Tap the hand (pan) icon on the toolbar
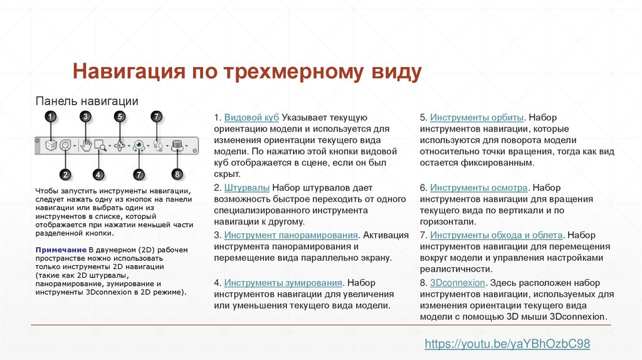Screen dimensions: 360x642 (x=86, y=146)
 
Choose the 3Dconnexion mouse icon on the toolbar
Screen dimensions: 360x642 (x=177, y=146)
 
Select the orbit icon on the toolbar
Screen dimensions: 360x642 (x=121, y=146)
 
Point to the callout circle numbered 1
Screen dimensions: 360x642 (x=50, y=117)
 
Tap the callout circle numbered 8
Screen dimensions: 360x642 (x=177, y=174)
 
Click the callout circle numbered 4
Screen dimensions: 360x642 (x=98, y=174)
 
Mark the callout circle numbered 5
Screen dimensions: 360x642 (x=120, y=117)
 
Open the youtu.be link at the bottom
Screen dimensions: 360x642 (x=507, y=344)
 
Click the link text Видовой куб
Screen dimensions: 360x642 (x=251, y=117)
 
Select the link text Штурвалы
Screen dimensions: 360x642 (x=247, y=188)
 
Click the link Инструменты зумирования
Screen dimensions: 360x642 (x=283, y=283)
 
